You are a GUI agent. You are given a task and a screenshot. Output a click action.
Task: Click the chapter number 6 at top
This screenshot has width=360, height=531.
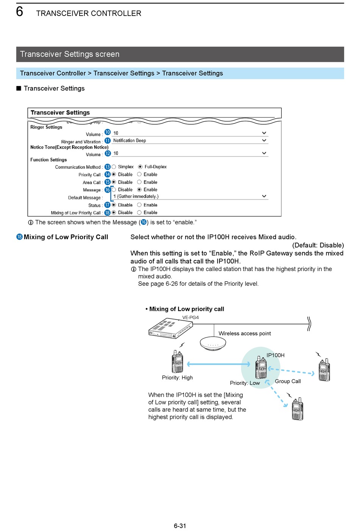pyautogui.click(x=20, y=12)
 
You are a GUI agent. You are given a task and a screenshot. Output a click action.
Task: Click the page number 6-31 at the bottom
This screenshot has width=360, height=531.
pyautogui.click(x=180, y=526)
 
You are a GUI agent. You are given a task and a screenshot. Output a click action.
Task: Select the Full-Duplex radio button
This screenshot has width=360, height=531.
pyautogui.click(x=140, y=167)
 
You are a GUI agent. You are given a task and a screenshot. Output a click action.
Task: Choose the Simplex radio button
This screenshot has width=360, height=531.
pyautogui.click(x=114, y=167)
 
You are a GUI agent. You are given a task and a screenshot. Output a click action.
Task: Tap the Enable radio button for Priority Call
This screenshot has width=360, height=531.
pyautogui.click(x=139, y=174)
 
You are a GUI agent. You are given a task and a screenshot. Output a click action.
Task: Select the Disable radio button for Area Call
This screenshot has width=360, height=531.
pyautogui.click(x=114, y=182)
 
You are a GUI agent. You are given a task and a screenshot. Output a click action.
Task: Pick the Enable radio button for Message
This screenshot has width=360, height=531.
pyautogui.click(x=139, y=190)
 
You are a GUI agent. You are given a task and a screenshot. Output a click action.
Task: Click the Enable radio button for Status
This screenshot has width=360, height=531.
pyautogui.click(x=139, y=205)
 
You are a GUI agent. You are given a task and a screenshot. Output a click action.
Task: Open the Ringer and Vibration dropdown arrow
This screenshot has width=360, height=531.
pyautogui.click(x=264, y=140)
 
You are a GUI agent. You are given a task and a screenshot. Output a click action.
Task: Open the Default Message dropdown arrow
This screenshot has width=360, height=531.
pyautogui.click(x=264, y=196)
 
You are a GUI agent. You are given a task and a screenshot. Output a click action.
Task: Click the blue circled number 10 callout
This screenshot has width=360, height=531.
pyautogui.click(x=108, y=132)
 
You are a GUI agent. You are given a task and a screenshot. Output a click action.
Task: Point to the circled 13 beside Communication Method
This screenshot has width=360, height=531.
pyautogui.click(x=108, y=167)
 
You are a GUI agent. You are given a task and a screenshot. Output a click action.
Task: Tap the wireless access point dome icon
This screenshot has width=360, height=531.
pyautogui.click(x=213, y=343)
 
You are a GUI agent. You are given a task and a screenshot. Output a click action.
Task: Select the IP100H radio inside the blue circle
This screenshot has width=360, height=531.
pyautogui.click(x=261, y=367)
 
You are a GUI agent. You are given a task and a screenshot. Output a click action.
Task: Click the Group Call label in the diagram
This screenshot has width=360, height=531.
pyautogui.click(x=288, y=381)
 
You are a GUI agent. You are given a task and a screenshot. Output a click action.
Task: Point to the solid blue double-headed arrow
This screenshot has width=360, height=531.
pyautogui.click(x=219, y=364)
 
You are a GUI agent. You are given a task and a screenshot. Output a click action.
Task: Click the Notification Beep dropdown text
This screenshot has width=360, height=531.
pyautogui.click(x=130, y=141)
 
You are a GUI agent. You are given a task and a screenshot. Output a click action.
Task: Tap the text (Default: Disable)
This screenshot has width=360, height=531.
pyautogui.click(x=318, y=245)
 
